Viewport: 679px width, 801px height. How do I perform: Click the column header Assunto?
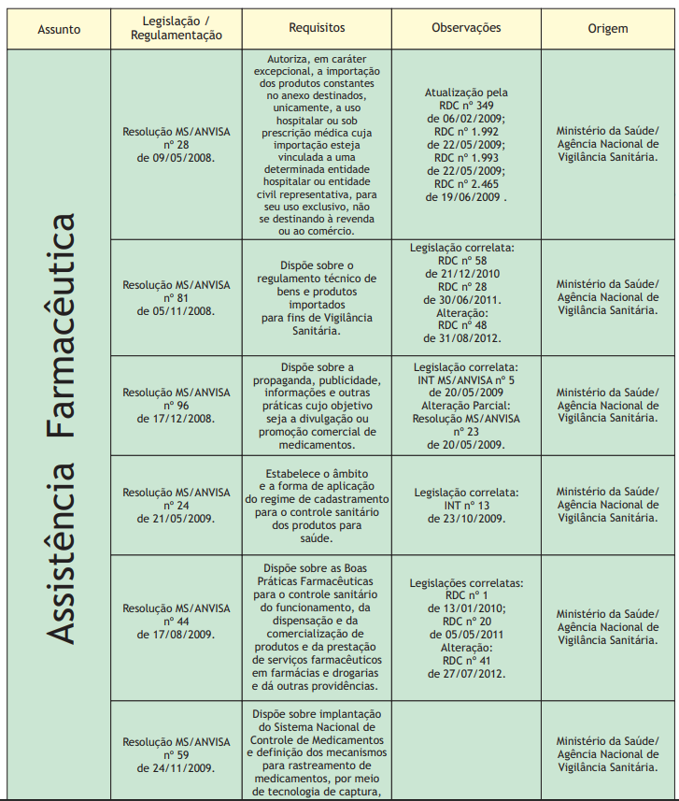pos(58,29)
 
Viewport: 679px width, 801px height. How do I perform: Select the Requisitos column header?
pos(317,29)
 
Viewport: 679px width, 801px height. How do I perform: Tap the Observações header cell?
pos(466,28)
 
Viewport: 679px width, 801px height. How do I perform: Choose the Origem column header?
pos(607,29)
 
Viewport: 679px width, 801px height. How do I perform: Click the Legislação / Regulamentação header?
pos(176,28)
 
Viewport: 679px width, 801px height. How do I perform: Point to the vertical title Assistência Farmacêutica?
pos(60,429)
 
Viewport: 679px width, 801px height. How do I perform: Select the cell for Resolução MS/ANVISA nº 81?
pos(176,298)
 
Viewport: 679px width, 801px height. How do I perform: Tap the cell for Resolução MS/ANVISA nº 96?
pos(176,406)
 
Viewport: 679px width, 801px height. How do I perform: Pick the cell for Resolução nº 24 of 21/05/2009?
pos(176,505)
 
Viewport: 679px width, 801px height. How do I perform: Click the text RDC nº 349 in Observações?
pos(466,107)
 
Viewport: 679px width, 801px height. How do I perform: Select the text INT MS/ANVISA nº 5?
pos(466,380)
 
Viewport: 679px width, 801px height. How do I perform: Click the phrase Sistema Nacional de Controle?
pos(317,733)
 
